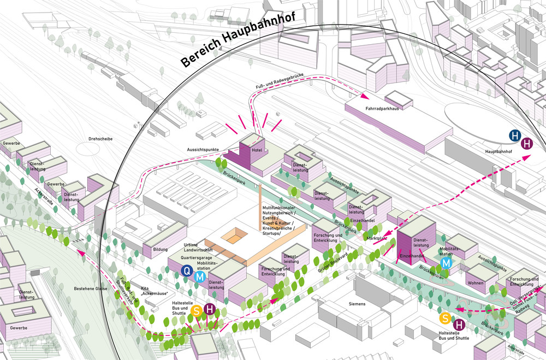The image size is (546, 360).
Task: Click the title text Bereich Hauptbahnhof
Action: tap(238, 42)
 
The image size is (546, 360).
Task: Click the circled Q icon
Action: tap(187, 269)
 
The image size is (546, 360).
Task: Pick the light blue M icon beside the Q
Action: tap(200, 277)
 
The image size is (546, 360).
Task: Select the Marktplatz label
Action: tap(377, 238)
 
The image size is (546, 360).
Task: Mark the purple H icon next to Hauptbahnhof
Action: tap(526, 144)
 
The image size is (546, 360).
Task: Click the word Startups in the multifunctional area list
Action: tap(271, 233)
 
